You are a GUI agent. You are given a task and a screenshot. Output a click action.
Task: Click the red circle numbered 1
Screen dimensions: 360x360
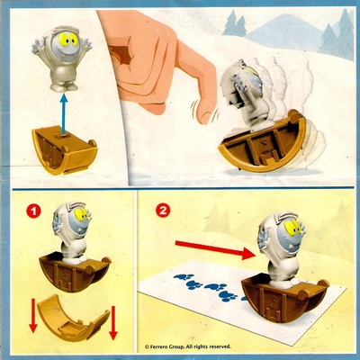(33, 211)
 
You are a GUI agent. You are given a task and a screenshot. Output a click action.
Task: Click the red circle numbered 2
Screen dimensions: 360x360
(163, 211)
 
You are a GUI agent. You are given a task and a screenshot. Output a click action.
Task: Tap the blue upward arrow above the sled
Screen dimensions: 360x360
(63, 113)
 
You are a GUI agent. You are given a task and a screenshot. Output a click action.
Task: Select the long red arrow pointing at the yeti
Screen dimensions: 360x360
(215, 249)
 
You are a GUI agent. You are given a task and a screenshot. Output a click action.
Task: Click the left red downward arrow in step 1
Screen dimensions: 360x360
(33, 319)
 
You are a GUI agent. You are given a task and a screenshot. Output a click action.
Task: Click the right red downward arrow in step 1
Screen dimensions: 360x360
(112, 323)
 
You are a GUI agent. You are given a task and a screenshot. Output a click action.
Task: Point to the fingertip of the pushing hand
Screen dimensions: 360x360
(205, 117)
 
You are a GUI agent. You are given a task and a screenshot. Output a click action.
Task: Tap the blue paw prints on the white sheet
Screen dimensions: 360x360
(210, 286)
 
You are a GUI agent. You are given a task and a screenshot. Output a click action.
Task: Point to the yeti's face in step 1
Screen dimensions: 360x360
(78, 218)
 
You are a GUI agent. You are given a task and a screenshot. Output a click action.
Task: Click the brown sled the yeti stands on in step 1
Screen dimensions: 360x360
(75, 272)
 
